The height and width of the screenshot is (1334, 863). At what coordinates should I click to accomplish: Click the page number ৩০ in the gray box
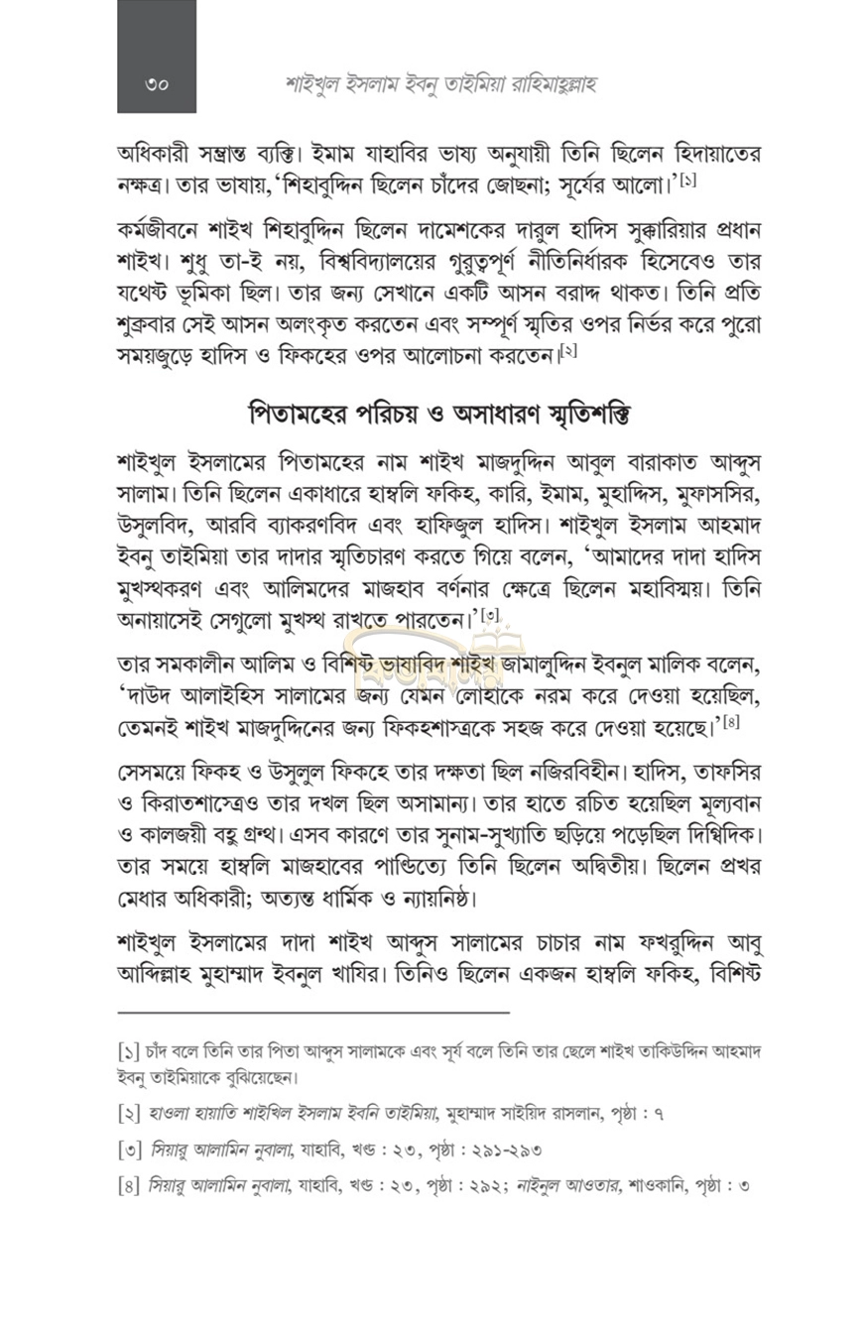click(x=156, y=85)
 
